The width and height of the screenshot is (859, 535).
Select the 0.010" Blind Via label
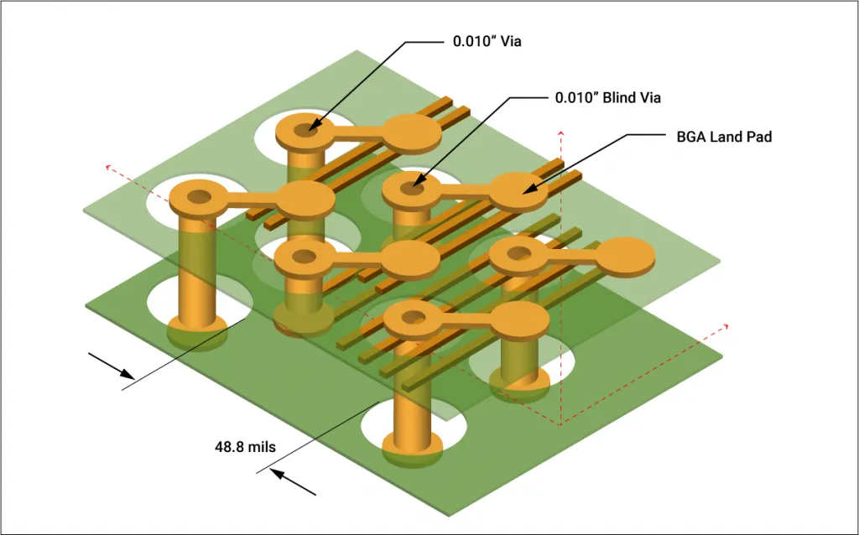(607, 98)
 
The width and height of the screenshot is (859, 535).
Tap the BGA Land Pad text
(723, 136)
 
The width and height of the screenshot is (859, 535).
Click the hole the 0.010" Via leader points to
(311, 129)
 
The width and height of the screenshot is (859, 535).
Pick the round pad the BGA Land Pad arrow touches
(518, 190)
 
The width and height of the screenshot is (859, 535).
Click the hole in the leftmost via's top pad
(200, 198)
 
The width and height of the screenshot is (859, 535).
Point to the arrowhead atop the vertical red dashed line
(560, 132)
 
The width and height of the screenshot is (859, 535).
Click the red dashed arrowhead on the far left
(107, 166)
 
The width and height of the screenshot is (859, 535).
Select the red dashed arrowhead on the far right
(726, 325)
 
